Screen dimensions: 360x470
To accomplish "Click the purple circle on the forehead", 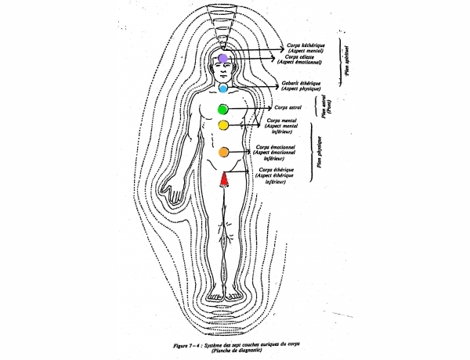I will click(223, 58).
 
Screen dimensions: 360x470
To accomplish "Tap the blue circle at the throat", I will click(223, 89).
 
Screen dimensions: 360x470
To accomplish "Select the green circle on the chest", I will click(223, 109).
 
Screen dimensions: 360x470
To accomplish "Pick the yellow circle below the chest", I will click(223, 125).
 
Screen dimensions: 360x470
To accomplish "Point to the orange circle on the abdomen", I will click(223, 151).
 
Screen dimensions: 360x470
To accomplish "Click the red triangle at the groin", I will click(223, 179).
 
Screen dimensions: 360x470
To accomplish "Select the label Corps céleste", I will click(301, 57).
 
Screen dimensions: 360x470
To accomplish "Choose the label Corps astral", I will click(291, 107).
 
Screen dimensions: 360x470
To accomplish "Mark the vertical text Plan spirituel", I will click(345, 59).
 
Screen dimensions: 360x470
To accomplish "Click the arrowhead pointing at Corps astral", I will click(271, 107).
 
